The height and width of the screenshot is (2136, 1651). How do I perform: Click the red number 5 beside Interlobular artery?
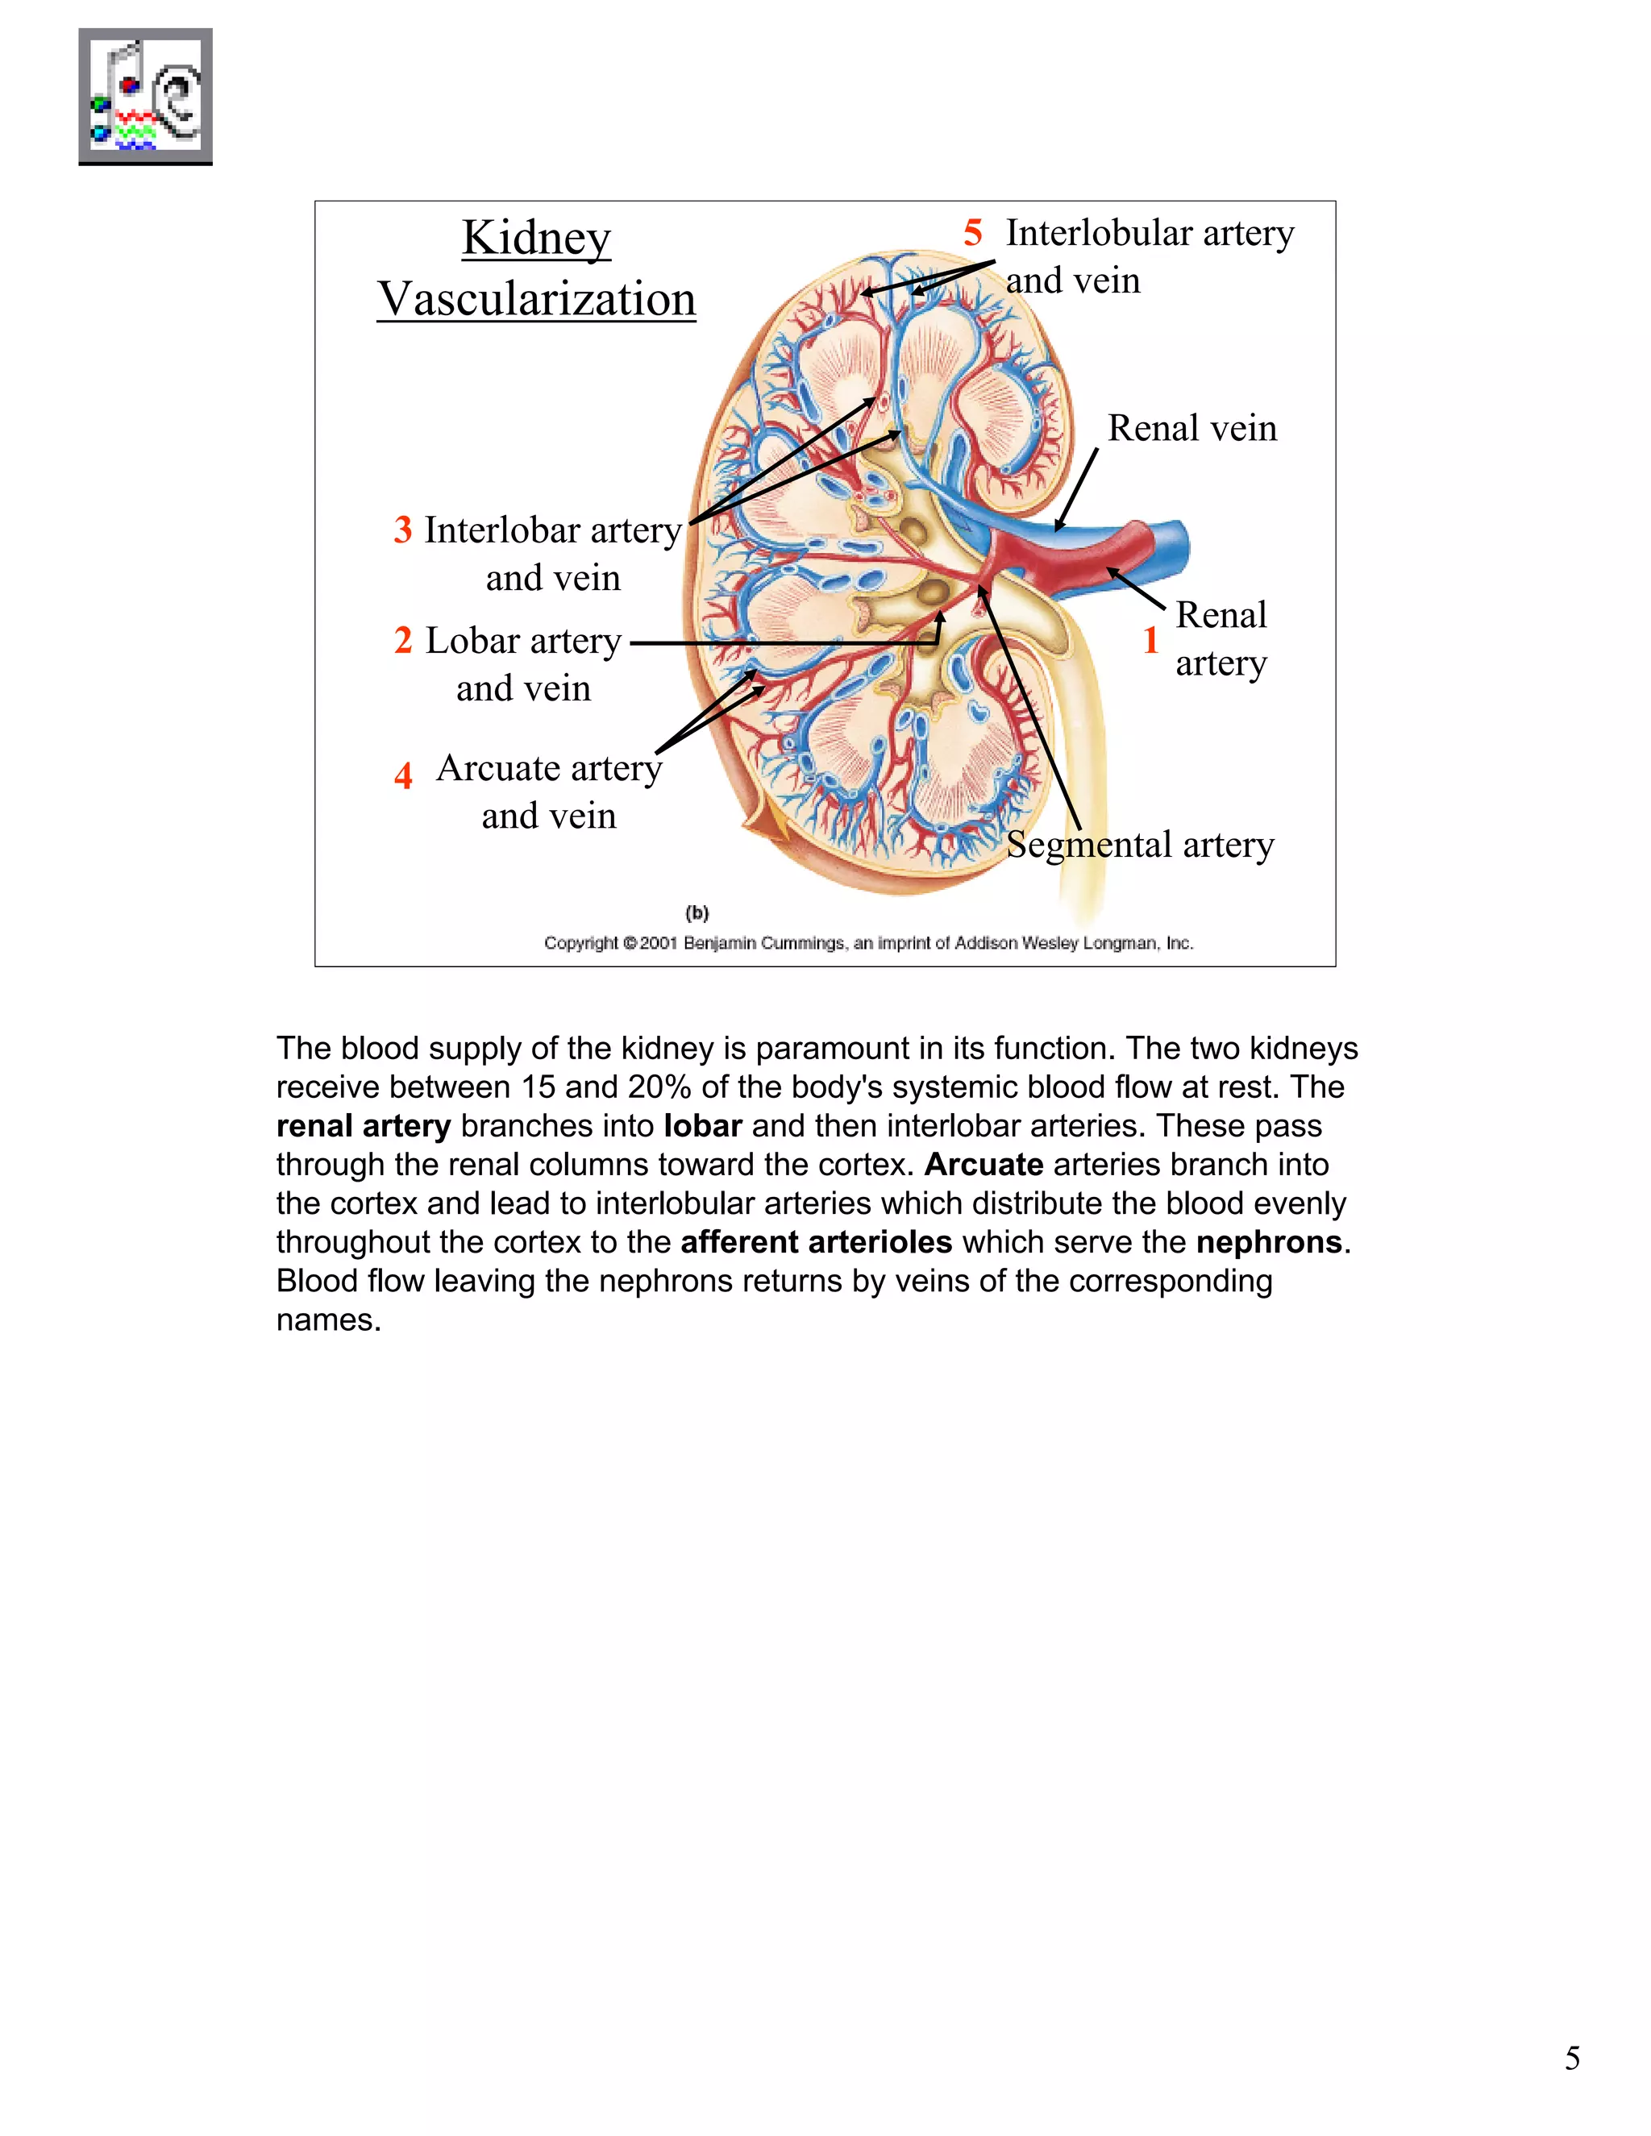[972, 234]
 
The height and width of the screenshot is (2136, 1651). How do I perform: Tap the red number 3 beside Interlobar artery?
[403, 530]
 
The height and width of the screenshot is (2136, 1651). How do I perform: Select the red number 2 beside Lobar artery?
[403, 641]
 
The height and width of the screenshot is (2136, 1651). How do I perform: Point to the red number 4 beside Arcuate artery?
[403, 775]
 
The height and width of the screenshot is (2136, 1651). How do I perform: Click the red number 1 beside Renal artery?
[1150, 641]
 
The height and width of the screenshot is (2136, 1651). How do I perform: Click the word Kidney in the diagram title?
[536, 238]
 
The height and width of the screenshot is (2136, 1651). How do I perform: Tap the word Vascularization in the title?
[536, 298]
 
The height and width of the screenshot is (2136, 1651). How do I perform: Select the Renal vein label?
[1191, 428]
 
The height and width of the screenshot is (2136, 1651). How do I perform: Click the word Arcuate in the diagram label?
[498, 769]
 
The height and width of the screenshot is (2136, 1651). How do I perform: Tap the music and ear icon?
[146, 97]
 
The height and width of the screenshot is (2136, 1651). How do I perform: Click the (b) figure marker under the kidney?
[697, 912]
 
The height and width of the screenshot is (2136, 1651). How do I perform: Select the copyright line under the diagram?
[867, 943]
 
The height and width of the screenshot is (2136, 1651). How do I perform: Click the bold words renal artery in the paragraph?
[363, 1126]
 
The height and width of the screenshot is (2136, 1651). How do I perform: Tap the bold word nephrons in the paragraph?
[1269, 1242]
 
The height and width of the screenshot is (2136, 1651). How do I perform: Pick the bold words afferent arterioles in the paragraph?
[816, 1242]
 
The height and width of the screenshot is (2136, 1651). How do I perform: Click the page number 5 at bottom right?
[1572, 2058]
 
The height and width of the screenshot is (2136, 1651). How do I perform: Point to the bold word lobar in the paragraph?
[702, 1126]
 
